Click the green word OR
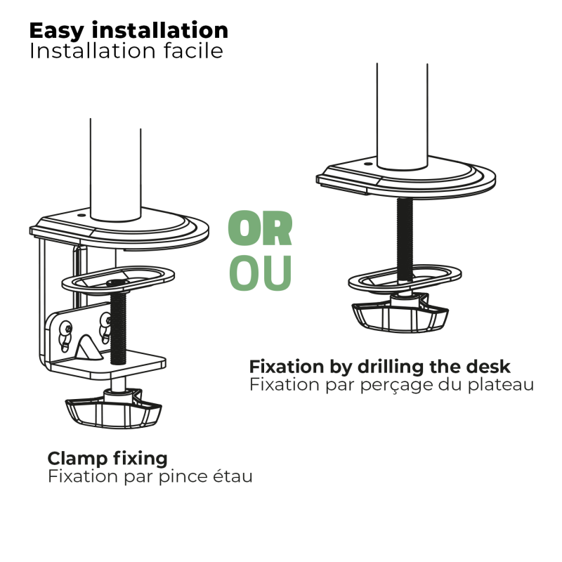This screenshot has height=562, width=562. coord(260,228)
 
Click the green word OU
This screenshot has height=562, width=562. coord(260,273)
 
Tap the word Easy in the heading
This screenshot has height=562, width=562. coord(56,32)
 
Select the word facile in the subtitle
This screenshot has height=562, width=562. coord(194,51)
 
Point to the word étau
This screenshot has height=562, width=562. coord(233,477)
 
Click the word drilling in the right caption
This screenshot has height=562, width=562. coord(391,367)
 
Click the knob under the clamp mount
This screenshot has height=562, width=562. coord(113,410)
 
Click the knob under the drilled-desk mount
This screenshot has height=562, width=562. coord(400,313)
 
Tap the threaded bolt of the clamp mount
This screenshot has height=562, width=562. coord(118,326)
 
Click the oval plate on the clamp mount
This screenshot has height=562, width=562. coord(118,279)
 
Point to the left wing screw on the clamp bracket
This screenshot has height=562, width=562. coord(65,336)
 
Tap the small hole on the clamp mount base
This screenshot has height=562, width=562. coord(81,216)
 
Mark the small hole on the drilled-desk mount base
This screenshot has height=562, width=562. coord(368,164)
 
